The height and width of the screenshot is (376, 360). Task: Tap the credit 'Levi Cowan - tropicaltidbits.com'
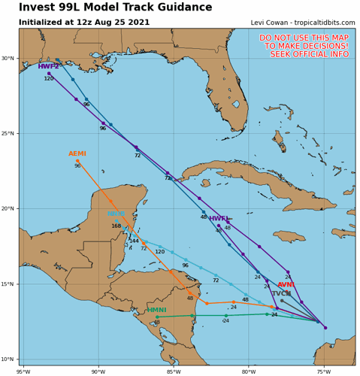point(292,23)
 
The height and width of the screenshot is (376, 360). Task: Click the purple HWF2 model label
point(49,67)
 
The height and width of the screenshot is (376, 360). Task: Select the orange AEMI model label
point(77,154)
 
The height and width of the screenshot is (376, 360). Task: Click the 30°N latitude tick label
point(8,59)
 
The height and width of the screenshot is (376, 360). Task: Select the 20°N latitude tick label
point(8,209)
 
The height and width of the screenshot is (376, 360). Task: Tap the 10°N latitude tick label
point(8,359)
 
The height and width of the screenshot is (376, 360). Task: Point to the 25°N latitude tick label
point(8,134)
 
